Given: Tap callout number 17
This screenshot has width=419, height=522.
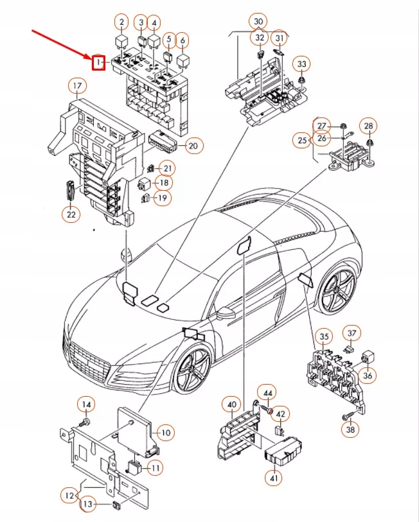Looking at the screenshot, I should (76, 86).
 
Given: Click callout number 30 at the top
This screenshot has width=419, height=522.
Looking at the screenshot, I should (258, 22).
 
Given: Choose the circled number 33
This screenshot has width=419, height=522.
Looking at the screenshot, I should (302, 64).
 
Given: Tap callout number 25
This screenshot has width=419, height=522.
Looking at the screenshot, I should (303, 139).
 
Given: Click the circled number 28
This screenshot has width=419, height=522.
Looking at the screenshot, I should (368, 125).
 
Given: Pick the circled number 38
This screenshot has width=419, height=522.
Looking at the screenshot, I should (349, 430).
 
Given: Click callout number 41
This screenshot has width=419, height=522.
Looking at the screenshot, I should (274, 477).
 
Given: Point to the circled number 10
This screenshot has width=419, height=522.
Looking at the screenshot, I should (165, 433).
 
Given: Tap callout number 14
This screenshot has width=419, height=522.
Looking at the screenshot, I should (85, 404).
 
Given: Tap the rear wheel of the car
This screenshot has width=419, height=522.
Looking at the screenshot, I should (337, 293).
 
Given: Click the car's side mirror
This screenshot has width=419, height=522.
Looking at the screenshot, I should (227, 314).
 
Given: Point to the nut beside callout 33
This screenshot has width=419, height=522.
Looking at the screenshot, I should (301, 81).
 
